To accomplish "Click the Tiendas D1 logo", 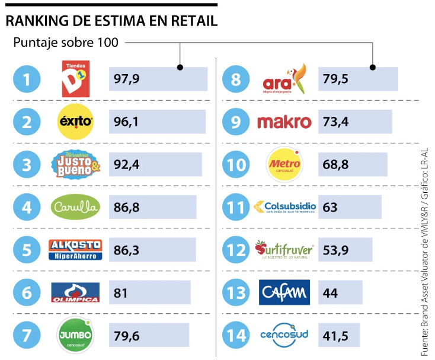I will (75, 78).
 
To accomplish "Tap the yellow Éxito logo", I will (75, 122).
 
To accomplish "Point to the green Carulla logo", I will (75, 206).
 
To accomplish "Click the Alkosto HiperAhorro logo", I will (75, 249).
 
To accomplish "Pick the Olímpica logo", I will (75, 292).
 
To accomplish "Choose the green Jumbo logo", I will (75, 334).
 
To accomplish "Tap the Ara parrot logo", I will (284, 79).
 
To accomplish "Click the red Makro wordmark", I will (284, 122).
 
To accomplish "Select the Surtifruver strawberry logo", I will (284, 249).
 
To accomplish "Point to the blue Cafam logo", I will (284, 292).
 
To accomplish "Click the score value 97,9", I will (126, 79).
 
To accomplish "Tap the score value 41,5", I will (335, 335).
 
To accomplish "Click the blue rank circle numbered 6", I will (27, 292).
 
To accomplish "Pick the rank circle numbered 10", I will (236, 165).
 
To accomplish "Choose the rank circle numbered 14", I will (236, 335).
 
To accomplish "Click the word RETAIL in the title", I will (191, 21).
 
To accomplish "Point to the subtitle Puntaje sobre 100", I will (66, 43).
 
